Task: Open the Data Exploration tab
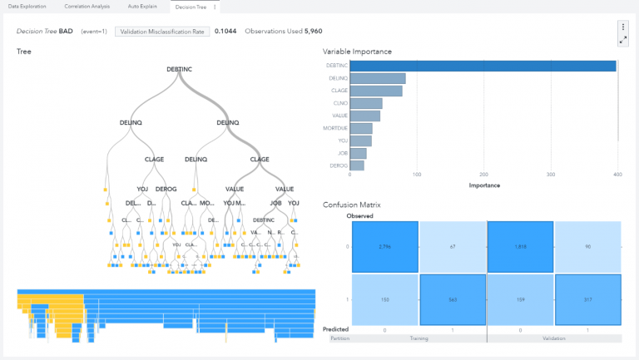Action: coord(27,7)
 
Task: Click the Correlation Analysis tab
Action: coord(87,7)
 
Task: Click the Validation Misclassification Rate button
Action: coord(161,31)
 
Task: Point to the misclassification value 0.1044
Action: coord(225,31)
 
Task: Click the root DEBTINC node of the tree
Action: coord(181,69)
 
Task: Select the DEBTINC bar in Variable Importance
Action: coord(483,66)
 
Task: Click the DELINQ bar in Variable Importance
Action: coord(378,78)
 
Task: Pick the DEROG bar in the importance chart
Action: coord(357,165)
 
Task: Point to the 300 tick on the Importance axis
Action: coord(551,175)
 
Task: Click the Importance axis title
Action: coord(483,185)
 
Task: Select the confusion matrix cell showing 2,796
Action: coord(384,247)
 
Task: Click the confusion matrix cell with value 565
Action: coord(453,300)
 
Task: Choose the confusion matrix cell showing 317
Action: coord(587,300)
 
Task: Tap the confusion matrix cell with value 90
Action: coord(587,247)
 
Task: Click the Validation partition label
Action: coord(554,339)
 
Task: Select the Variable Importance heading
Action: coord(357,52)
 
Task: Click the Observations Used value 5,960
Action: coord(310,31)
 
